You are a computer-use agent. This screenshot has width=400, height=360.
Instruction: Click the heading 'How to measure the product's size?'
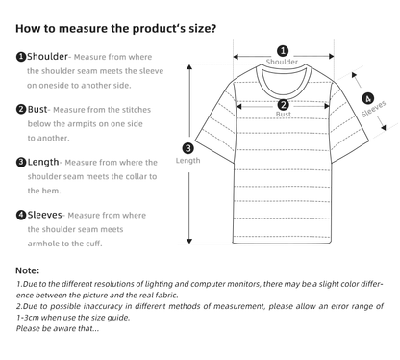click(116, 28)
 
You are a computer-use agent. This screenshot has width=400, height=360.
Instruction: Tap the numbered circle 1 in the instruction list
click(21, 57)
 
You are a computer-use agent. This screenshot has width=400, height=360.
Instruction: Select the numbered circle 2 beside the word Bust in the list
click(21, 109)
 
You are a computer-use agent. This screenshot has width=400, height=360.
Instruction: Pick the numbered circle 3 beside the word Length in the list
click(21, 162)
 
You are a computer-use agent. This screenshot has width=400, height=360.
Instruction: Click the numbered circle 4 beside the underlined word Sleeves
click(21, 215)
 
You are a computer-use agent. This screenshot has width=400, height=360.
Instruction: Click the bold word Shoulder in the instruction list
click(47, 57)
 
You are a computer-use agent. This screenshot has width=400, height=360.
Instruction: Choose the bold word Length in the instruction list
click(43, 162)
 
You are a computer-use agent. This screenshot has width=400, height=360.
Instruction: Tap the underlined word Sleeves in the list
click(45, 215)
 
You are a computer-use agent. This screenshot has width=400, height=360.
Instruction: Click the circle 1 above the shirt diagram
click(282, 51)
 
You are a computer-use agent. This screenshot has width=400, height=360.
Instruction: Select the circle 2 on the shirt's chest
click(283, 105)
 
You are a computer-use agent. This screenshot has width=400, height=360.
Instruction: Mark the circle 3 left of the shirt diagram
click(187, 147)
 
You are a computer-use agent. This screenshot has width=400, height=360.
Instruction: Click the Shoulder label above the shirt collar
click(282, 62)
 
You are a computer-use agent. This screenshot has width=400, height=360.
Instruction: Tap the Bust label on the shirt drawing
click(283, 116)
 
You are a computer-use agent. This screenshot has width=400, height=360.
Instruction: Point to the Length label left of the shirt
click(187, 160)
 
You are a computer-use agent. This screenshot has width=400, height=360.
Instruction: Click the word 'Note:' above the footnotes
click(28, 270)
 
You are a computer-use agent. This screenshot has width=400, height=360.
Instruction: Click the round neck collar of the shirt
click(282, 77)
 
